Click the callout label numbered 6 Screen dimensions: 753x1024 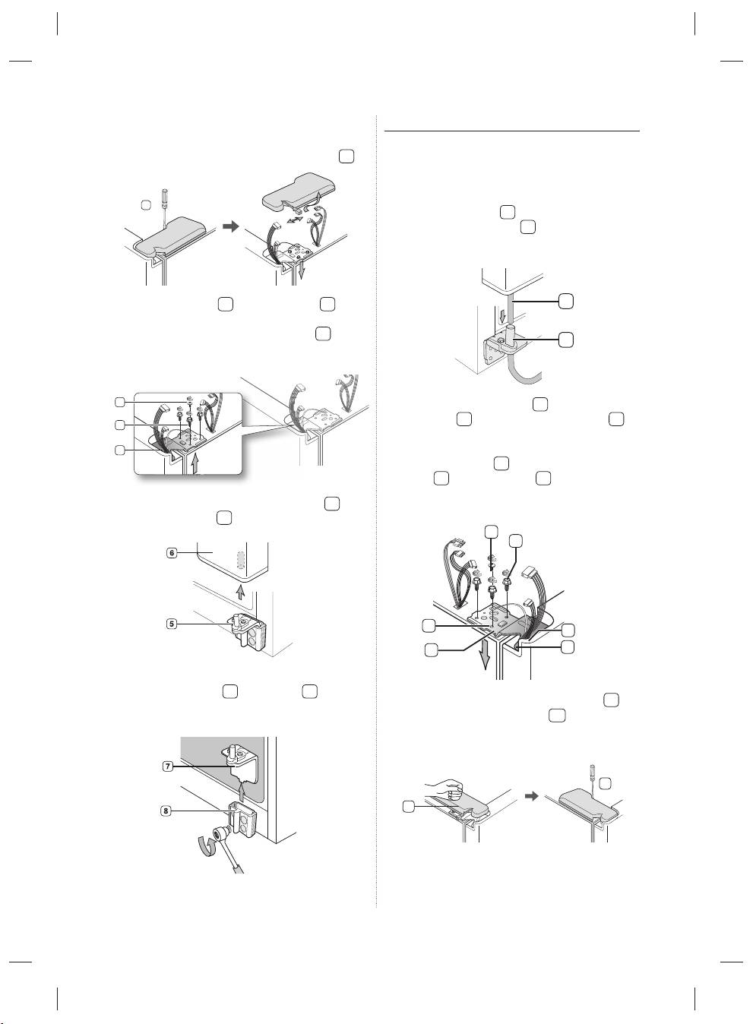(x=172, y=553)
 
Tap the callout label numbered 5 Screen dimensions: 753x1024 (x=172, y=624)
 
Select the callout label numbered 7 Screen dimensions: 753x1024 (x=168, y=766)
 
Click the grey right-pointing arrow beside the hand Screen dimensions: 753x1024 (x=531, y=796)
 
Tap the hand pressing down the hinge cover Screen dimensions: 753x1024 (x=446, y=790)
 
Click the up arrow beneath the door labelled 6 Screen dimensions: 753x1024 (x=240, y=593)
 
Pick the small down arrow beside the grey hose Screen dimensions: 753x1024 (x=502, y=316)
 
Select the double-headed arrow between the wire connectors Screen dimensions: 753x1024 (x=294, y=220)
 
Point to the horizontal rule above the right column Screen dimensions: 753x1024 (x=511, y=131)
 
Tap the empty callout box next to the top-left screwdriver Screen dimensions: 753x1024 (x=145, y=205)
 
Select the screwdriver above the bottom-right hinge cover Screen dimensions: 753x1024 (x=593, y=778)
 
